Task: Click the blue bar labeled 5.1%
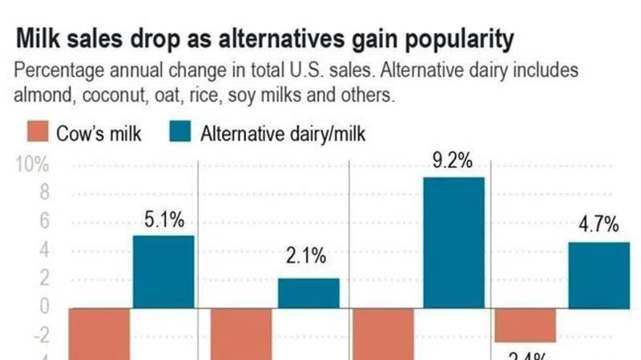pos(163,272)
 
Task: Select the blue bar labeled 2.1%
pos(308,293)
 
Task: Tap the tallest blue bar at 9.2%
pos(454,242)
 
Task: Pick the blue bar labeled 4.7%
pos(599,275)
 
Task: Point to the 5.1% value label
pos(164,220)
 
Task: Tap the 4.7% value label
pos(599,225)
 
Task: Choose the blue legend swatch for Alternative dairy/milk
pos(180,133)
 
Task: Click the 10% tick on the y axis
pos(31,166)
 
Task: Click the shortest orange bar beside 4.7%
pos(526,325)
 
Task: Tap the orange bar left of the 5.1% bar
pos(99,334)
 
